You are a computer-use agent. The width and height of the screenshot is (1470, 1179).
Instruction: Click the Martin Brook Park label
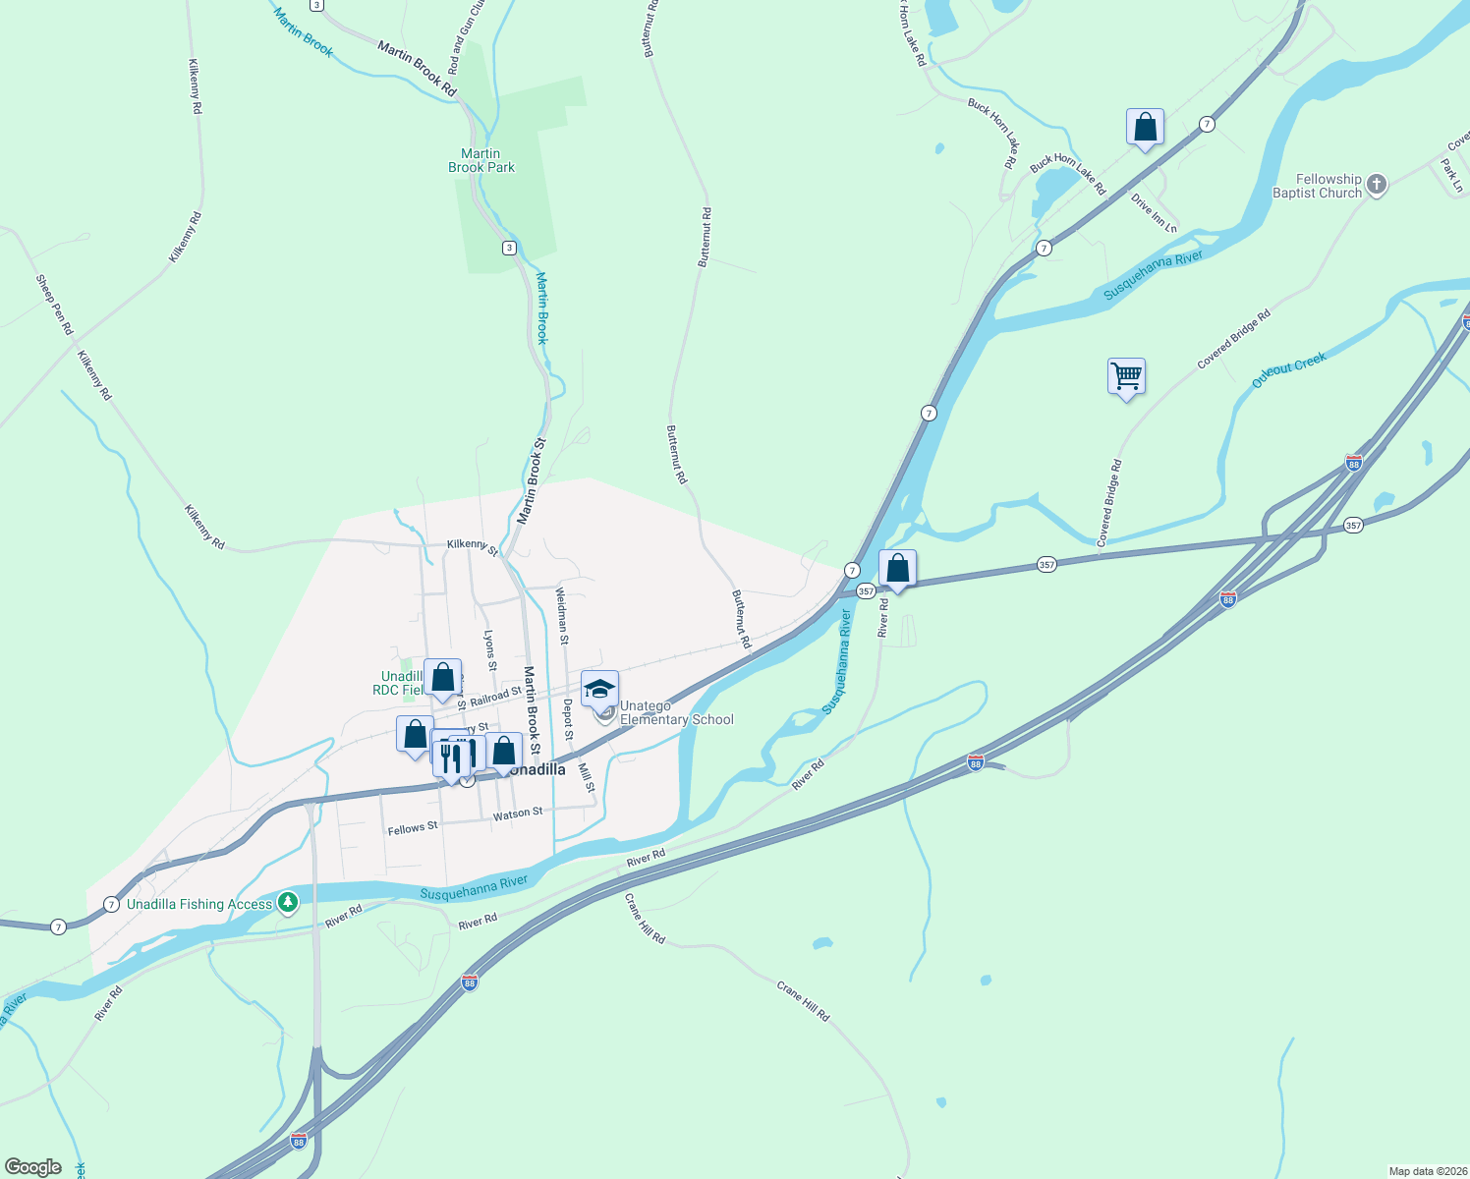pyautogui.click(x=481, y=160)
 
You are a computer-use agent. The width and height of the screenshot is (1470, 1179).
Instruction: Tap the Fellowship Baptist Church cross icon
pyautogui.click(x=1377, y=184)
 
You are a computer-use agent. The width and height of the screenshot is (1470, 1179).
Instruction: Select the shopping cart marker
pyautogui.click(x=1126, y=376)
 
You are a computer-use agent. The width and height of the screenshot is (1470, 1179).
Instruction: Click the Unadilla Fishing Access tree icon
pyautogui.click(x=287, y=902)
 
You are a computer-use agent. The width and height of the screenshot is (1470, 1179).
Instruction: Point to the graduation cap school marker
pyautogui.click(x=599, y=689)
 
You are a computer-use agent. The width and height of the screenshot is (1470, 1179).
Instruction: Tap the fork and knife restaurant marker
pyautogui.click(x=449, y=758)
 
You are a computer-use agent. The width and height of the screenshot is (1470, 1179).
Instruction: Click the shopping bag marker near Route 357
pyautogui.click(x=897, y=569)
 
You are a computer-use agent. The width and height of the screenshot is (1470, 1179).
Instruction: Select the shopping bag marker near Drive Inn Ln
pyautogui.click(x=1145, y=128)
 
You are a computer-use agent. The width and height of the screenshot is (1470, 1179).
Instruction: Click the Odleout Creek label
pyautogui.click(x=1289, y=369)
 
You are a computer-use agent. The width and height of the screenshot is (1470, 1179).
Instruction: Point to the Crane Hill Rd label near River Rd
pyautogui.click(x=646, y=919)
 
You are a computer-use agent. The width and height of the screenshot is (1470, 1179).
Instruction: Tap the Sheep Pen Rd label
pyautogui.click(x=54, y=305)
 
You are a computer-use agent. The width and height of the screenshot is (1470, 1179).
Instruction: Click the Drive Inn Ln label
pyautogui.click(x=1154, y=213)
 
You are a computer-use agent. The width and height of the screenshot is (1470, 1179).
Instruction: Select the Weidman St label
pyautogui.click(x=562, y=616)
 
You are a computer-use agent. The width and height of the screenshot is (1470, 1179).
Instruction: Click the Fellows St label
pyautogui.click(x=413, y=829)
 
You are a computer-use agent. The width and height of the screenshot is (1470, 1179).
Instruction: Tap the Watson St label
pyautogui.click(x=518, y=814)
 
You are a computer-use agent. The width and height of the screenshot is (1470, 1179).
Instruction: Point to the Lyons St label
pyautogui.click(x=490, y=651)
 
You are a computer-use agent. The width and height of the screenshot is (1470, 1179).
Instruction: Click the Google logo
pyautogui.click(x=32, y=1167)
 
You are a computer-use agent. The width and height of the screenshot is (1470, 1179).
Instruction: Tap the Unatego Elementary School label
pyautogui.click(x=676, y=713)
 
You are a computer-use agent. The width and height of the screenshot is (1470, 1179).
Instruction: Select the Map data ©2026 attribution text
pyautogui.click(x=1425, y=1171)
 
